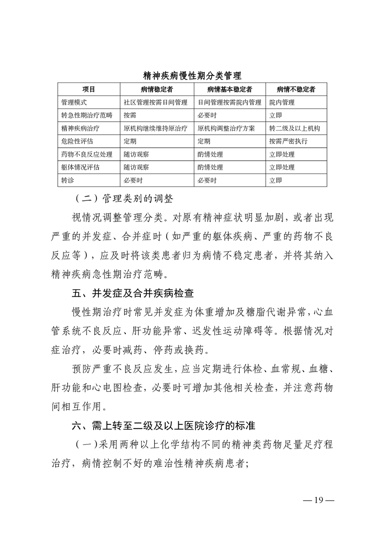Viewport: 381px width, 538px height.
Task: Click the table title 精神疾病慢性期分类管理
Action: [x=192, y=76]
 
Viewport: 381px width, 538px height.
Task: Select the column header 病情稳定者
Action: [x=157, y=90]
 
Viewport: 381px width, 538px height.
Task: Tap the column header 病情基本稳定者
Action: [x=230, y=90]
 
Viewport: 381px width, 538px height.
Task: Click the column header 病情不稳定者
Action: [x=296, y=90]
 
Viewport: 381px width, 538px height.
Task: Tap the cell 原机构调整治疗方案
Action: [x=226, y=129]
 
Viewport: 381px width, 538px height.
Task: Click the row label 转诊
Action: [x=66, y=180]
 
